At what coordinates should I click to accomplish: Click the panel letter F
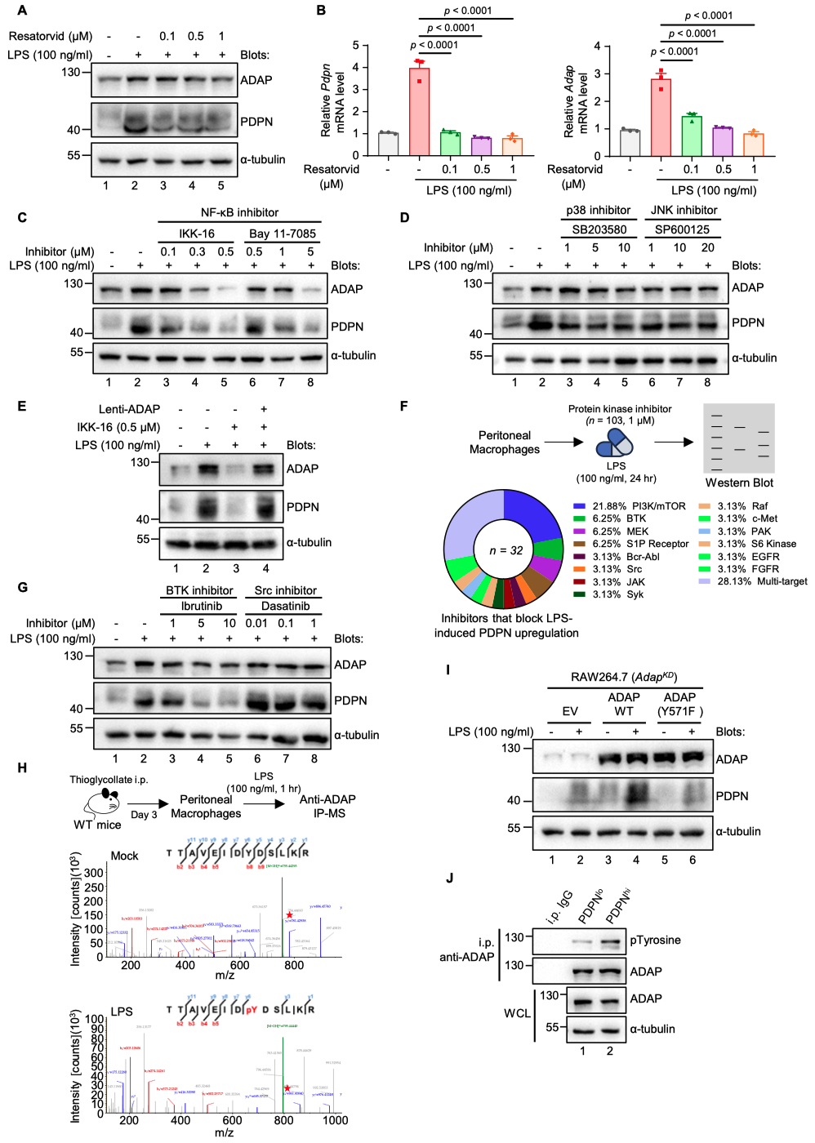click(403, 406)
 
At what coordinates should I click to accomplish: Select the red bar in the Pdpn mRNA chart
click(419, 111)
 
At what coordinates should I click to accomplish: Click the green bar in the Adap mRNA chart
click(692, 136)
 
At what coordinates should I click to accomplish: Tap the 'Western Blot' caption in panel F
click(739, 483)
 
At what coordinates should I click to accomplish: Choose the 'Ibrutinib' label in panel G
click(201, 606)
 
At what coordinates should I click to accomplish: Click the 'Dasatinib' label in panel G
click(285, 606)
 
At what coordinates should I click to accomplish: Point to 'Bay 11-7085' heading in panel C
click(282, 233)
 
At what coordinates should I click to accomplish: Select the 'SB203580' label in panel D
click(599, 229)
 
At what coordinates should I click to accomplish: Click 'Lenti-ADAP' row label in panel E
click(129, 409)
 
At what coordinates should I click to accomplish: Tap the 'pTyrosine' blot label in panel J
click(655, 941)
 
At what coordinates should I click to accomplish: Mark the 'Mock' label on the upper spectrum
click(124, 856)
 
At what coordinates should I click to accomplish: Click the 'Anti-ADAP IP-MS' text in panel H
click(327, 806)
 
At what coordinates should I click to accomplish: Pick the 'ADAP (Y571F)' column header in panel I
click(679, 704)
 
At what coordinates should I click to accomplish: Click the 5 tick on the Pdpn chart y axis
click(355, 45)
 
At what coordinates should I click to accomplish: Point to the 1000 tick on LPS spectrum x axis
click(335, 1120)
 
